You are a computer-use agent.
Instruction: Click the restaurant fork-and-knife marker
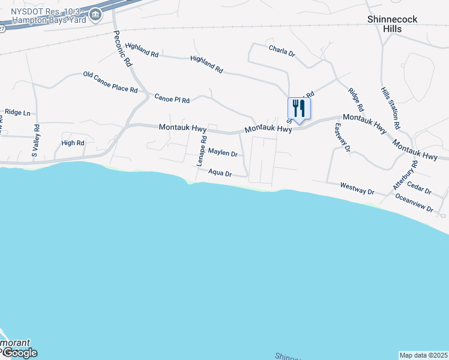[298, 109]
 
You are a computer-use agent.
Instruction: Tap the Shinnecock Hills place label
[393, 24]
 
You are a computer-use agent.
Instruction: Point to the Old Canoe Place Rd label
[110, 83]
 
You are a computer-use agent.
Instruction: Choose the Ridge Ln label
[17, 112]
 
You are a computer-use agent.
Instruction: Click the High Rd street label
[73, 143]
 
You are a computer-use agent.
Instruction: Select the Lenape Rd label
[202, 151]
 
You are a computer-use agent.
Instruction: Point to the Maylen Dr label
[223, 154]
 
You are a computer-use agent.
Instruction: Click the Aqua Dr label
[220, 173]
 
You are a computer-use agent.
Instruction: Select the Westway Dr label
[357, 188]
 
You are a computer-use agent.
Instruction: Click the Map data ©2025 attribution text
[423, 355]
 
